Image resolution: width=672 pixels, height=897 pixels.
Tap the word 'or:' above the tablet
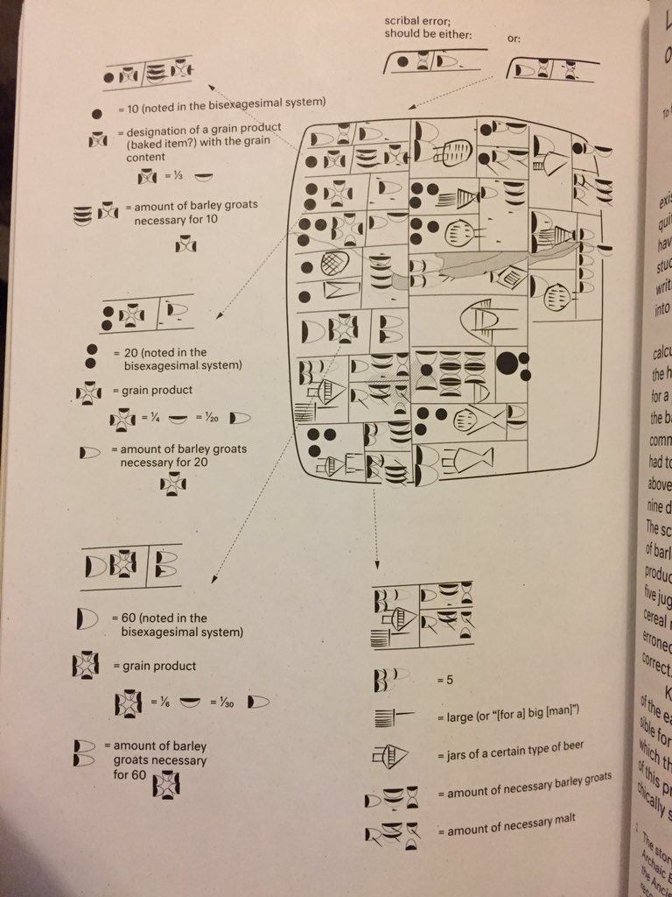[514, 39]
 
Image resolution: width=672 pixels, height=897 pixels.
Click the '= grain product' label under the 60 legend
[155, 666]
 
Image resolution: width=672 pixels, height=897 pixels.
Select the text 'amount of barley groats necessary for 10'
[191, 213]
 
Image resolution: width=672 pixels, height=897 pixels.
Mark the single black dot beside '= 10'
[96, 113]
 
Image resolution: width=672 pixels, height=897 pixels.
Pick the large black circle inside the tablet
[507, 360]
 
